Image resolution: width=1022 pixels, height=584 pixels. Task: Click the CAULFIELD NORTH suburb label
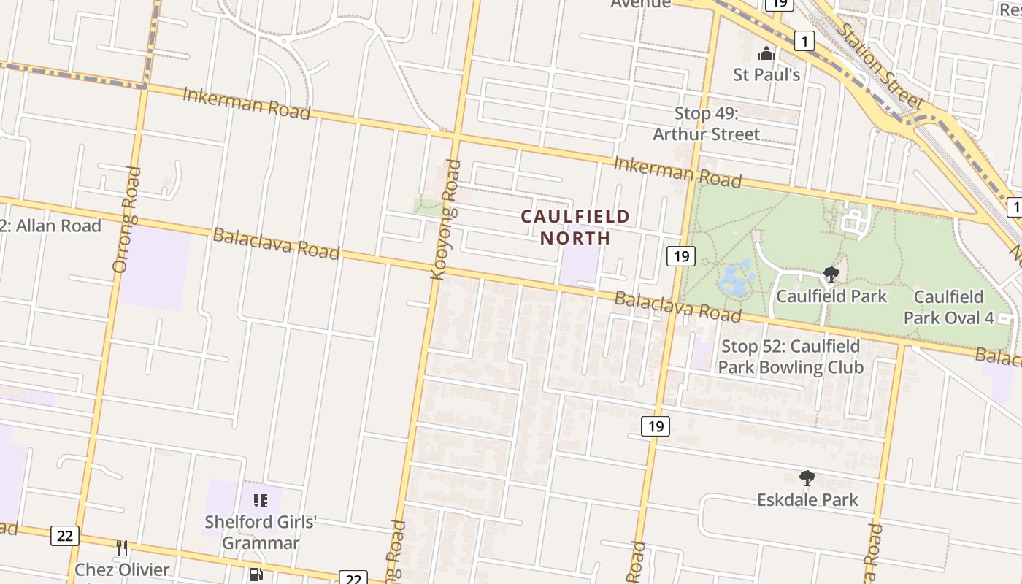point(575,227)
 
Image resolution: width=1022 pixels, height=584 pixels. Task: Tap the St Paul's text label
point(766,74)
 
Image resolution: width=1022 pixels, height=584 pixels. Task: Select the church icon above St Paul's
point(766,53)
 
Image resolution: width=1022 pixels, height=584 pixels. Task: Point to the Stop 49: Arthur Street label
point(706,123)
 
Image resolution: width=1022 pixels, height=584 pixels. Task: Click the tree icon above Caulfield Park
point(831,274)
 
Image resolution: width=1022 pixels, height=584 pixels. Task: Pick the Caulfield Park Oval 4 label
point(948,307)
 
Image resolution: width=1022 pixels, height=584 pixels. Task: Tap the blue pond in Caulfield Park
point(736,278)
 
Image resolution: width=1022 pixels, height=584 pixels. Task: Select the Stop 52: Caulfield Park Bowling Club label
point(791,356)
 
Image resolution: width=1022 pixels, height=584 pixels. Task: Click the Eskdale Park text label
point(807,500)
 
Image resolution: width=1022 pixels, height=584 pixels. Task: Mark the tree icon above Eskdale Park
point(807,478)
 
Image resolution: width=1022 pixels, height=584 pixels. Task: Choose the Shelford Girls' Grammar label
point(261,532)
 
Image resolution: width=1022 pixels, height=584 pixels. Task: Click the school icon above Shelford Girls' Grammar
point(261,501)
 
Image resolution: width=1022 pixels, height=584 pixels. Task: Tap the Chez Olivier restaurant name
point(122,569)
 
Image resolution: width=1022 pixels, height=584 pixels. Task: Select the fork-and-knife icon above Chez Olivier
point(122,547)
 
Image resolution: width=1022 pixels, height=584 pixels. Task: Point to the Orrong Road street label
point(127,220)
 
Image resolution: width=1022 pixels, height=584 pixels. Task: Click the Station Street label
point(880,66)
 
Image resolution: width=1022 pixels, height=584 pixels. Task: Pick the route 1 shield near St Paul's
point(804,41)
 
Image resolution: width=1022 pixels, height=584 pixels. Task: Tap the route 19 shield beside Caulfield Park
point(680,256)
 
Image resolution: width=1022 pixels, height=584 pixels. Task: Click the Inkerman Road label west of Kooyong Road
point(246,103)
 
